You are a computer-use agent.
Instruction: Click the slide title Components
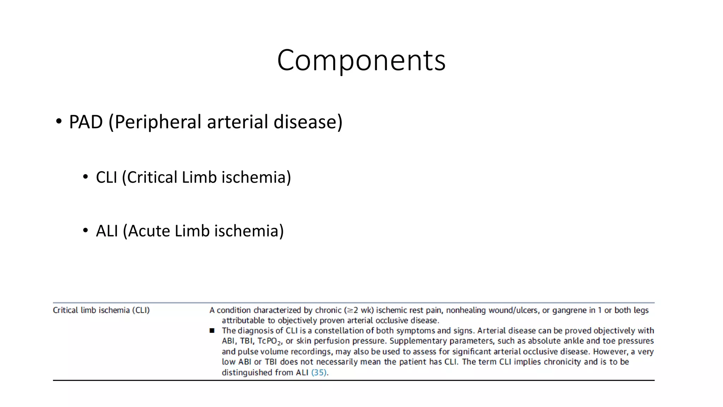pos(361,60)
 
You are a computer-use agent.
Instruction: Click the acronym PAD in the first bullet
pos(86,122)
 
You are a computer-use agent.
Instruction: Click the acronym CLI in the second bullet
pos(106,177)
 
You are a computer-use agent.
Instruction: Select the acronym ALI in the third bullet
pos(107,231)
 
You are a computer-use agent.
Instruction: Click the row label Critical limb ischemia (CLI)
pos(101,310)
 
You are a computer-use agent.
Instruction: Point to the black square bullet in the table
pos(212,331)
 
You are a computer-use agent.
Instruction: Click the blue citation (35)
pos(319,372)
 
